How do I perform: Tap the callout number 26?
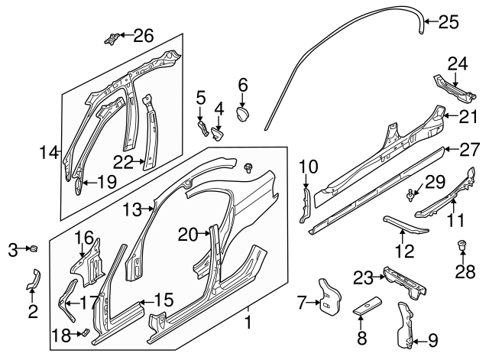coord(144,35)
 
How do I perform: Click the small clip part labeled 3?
coord(34,248)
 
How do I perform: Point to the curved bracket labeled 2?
coord(32,281)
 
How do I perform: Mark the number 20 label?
coord(188,234)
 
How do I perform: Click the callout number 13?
coord(133,208)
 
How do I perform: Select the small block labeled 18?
coord(86,332)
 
